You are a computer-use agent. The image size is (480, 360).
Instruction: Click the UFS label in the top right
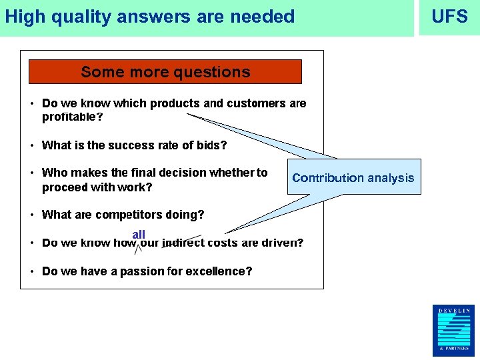[x=449, y=17]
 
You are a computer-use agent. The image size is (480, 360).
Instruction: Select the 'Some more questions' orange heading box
[x=165, y=72]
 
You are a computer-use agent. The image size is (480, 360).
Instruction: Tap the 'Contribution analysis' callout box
[x=353, y=177]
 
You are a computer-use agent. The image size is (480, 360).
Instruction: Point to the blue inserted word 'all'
[x=139, y=235]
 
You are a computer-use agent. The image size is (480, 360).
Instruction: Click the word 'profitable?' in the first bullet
[x=73, y=117]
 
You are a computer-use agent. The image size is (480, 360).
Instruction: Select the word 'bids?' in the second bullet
[x=212, y=145]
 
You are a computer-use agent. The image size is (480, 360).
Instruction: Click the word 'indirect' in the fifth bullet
[x=183, y=243]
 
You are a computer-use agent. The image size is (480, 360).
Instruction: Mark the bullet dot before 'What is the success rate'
[x=32, y=145]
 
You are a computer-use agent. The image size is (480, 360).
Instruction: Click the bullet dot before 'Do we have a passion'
[x=32, y=271]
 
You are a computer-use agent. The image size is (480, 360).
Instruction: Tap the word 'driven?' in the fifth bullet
[x=282, y=243]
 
